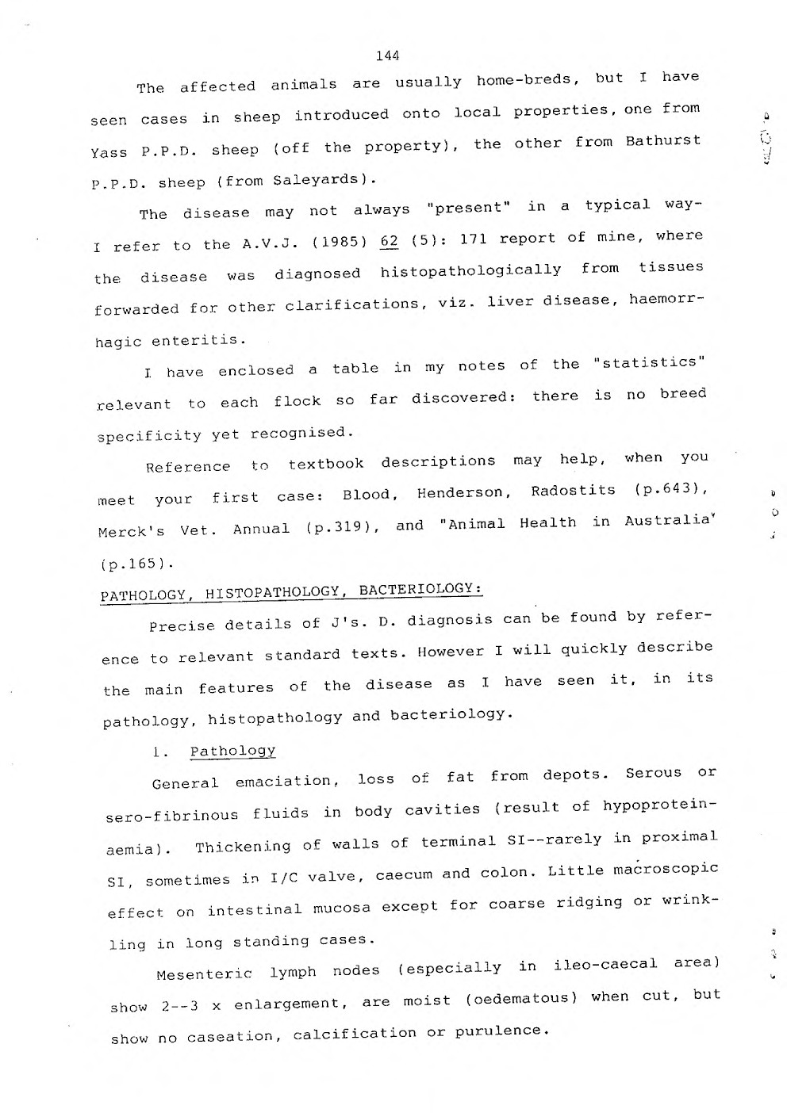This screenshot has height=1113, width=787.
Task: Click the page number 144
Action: (388, 55)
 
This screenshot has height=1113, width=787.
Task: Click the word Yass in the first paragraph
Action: (109, 152)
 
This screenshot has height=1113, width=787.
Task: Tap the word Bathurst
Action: (662, 142)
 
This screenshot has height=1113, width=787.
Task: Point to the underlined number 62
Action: (389, 240)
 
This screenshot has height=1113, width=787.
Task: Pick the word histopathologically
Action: (470, 271)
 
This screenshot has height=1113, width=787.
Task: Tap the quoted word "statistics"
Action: (649, 363)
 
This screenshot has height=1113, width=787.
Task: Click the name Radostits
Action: (573, 491)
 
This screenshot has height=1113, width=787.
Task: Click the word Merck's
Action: (132, 531)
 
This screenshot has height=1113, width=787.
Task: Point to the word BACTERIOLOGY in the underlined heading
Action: (420, 589)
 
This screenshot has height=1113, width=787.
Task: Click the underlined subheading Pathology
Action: (232, 751)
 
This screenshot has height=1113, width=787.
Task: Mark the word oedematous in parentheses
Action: (523, 998)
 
